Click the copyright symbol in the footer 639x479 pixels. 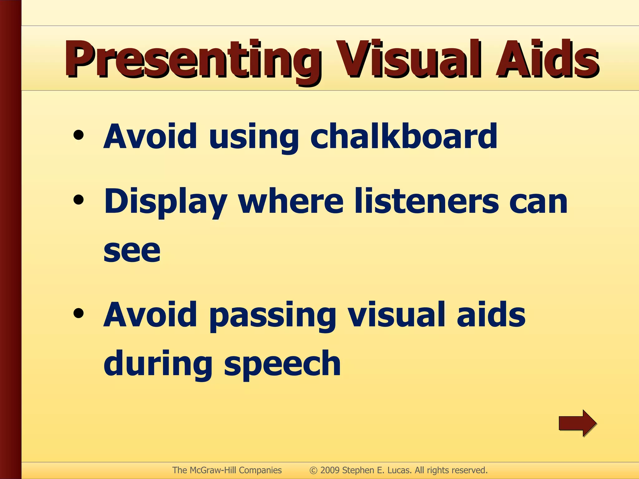pyautogui.click(x=313, y=470)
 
